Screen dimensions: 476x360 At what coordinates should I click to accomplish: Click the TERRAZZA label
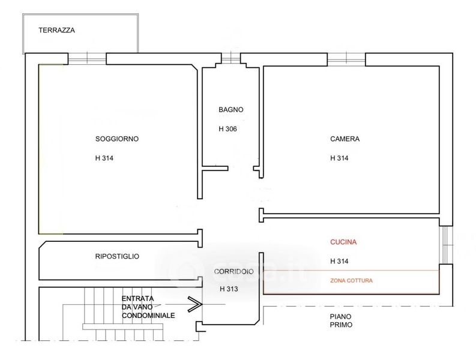pos(57,30)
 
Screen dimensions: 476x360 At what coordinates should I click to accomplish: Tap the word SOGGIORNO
pos(117,139)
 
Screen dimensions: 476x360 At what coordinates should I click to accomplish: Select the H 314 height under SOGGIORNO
pos(104,158)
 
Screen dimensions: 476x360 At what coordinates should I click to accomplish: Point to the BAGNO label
pos(230,110)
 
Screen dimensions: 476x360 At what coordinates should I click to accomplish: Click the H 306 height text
pos(227,129)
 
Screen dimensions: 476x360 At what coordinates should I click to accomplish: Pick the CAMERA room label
pos(345,139)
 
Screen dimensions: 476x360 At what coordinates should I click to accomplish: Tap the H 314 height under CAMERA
pos(339,158)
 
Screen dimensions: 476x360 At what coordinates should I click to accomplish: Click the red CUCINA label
pos(343,242)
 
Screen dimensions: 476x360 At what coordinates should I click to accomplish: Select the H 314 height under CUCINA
pos(339,261)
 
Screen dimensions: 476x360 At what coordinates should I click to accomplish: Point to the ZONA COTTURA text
pos(351,280)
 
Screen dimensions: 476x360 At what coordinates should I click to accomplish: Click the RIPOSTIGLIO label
pos(117,256)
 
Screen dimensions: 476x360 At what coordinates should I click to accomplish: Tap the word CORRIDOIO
pos(233,271)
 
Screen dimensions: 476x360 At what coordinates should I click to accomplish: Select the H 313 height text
pos(229,289)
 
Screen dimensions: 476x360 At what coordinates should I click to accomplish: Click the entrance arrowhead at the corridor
pos(195,304)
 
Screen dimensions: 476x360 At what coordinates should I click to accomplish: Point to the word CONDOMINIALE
pos(148,316)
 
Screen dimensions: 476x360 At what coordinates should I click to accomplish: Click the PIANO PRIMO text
pos(341,320)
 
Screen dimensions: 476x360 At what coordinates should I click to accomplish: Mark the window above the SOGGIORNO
pos(87,58)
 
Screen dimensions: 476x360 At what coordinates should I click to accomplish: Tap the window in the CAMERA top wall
pos(346,59)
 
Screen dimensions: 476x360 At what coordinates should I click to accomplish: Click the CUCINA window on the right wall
pos(446,245)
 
